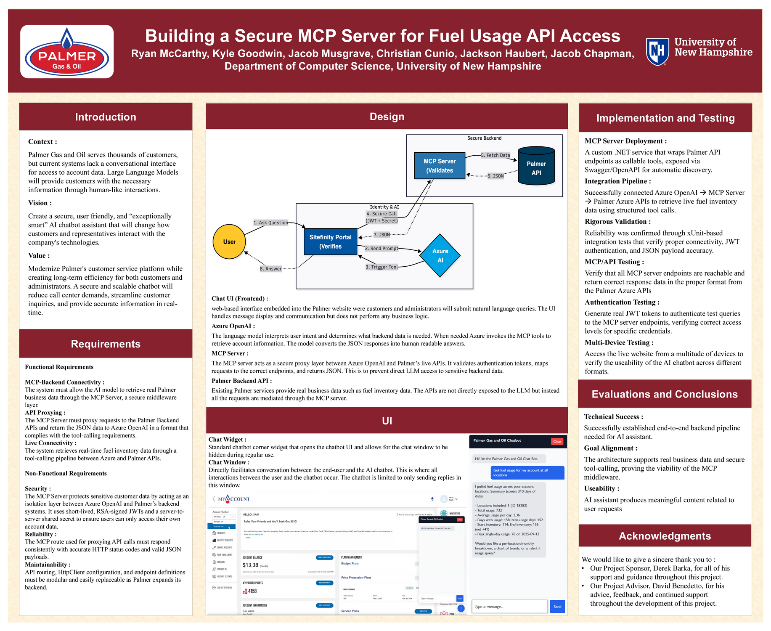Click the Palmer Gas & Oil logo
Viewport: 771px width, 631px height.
(x=67, y=52)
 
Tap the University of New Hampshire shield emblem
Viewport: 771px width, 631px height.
(x=657, y=51)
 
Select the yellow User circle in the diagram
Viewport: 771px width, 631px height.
(x=229, y=241)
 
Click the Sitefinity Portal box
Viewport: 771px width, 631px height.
(x=330, y=242)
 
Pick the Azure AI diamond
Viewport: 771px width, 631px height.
(x=440, y=255)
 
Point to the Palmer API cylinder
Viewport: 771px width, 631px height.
(x=536, y=166)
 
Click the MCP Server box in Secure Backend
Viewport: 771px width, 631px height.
(x=440, y=166)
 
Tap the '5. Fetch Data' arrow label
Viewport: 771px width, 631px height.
(x=495, y=155)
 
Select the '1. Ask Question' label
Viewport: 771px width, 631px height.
(x=270, y=223)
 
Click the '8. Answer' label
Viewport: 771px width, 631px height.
(x=270, y=269)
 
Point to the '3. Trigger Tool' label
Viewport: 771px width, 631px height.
(x=382, y=267)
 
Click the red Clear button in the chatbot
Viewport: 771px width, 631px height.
(x=557, y=441)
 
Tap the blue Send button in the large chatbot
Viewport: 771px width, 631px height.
(x=557, y=607)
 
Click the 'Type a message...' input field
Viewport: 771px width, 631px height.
(x=509, y=607)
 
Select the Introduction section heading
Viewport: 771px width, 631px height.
(x=106, y=117)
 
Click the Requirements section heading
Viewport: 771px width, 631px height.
(x=106, y=344)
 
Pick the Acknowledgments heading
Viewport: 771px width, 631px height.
(x=665, y=536)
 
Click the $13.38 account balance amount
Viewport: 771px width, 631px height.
(x=250, y=565)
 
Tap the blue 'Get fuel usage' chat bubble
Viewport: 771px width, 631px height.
(x=527, y=473)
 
